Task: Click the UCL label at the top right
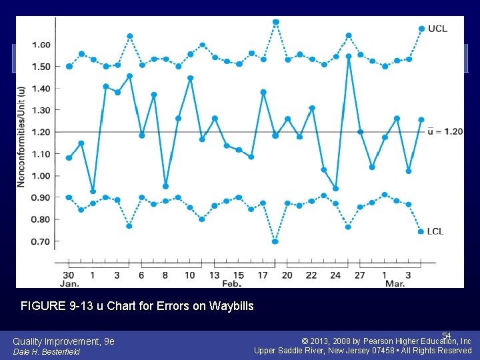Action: pyautogui.click(x=437, y=29)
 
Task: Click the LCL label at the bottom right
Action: pyautogui.click(x=435, y=231)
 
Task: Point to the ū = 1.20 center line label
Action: pyautogui.click(x=445, y=131)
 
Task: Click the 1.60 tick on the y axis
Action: pyautogui.click(x=41, y=45)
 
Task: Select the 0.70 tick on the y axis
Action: pyautogui.click(x=41, y=241)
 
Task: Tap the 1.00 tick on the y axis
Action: pyautogui.click(x=41, y=176)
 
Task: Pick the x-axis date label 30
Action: pyautogui.click(x=68, y=275)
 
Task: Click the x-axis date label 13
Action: pyautogui.click(x=214, y=275)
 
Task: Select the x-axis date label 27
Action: pyautogui.click(x=359, y=275)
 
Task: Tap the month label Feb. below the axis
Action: pyautogui.click(x=231, y=284)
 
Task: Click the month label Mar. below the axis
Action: pyautogui.click(x=395, y=284)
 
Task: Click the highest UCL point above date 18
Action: pyautogui.click(x=276, y=22)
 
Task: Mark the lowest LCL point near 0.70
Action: pyautogui.click(x=275, y=241)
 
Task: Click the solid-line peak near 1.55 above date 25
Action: pyautogui.click(x=349, y=57)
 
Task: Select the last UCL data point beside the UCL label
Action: pyautogui.click(x=421, y=29)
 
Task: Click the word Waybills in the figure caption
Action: pyautogui.click(x=231, y=307)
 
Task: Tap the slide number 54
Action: pyautogui.click(x=446, y=335)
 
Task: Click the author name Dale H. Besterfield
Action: pyautogui.click(x=46, y=352)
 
